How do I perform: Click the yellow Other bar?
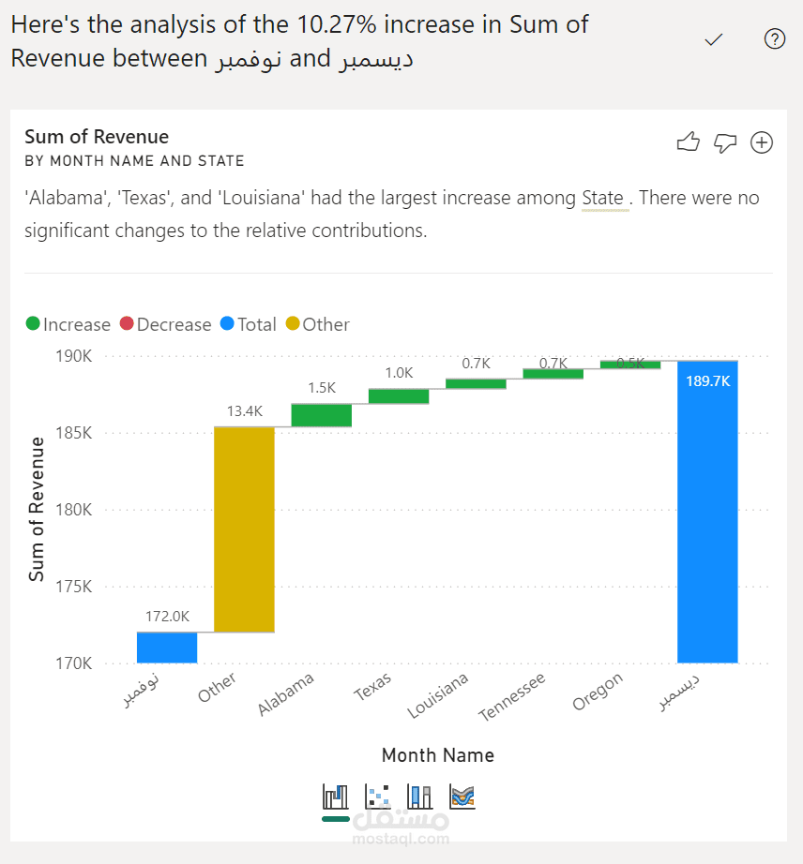point(244,529)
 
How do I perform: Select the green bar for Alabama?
point(322,415)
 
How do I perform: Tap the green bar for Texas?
point(399,396)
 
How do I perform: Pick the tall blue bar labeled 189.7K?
point(707,512)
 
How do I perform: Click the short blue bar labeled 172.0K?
point(167,648)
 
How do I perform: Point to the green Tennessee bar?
point(553,374)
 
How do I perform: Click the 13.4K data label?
point(245,411)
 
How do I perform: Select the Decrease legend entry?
point(165,324)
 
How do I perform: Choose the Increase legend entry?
point(68,324)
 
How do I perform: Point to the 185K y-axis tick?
point(74,433)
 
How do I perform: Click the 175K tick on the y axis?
point(74,587)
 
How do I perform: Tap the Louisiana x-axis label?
point(438,695)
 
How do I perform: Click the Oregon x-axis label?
point(598,692)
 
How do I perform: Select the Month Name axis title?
point(438,755)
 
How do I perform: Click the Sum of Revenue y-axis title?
point(37,509)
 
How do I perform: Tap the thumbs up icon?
point(689,142)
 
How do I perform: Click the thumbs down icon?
point(725,142)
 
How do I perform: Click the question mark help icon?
point(775,39)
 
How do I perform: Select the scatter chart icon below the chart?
point(378,797)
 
